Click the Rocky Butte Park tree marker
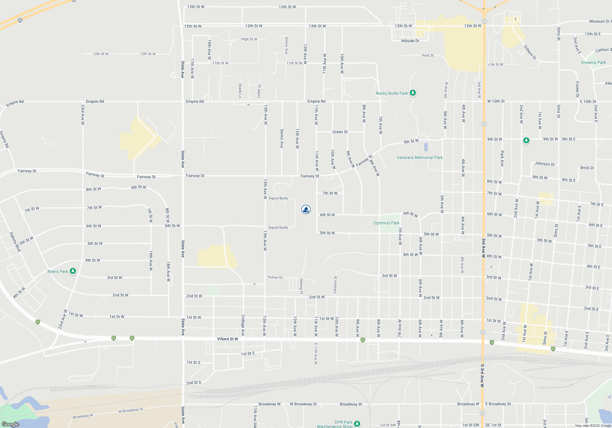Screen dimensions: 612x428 (x=413, y=93)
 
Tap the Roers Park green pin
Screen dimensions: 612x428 (x=73, y=271)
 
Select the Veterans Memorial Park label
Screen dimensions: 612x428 (x=420, y=157)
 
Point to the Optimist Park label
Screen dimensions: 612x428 (x=386, y=223)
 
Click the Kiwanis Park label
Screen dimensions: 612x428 (x=593, y=62)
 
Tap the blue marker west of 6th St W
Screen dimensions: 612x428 (x=306, y=209)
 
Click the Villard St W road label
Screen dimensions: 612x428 (x=227, y=339)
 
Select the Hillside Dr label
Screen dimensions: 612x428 (x=410, y=41)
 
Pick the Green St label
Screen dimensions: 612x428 (x=340, y=132)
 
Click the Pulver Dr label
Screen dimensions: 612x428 (x=275, y=277)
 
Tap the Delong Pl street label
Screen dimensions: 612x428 (x=301, y=286)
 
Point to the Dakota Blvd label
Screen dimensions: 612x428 (x=15, y=242)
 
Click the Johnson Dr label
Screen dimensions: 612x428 (x=545, y=164)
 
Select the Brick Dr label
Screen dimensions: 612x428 (x=587, y=168)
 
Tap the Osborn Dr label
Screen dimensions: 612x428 (x=530, y=52)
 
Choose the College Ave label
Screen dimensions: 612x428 (x=243, y=325)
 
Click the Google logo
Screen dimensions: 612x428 (x=10, y=424)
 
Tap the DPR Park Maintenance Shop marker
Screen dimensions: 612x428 (x=357, y=423)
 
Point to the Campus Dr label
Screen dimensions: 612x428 (x=335, y=285)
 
